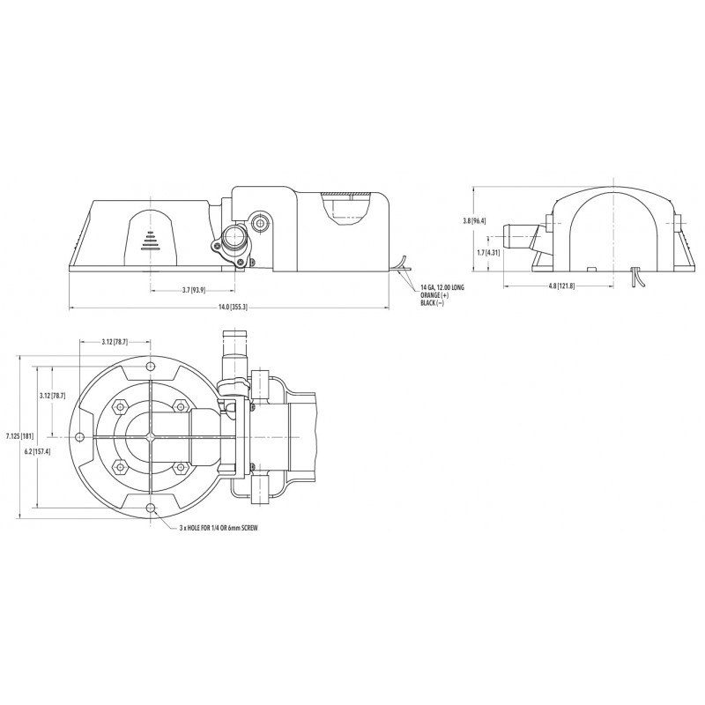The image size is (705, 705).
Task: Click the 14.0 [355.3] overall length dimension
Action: (230, 307)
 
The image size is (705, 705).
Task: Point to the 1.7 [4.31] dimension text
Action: (487, 252)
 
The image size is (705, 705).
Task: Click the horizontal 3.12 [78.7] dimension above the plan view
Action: (115, 341)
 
